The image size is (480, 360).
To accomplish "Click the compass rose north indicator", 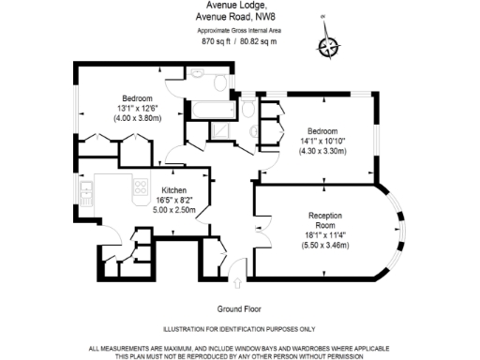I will [328, 47].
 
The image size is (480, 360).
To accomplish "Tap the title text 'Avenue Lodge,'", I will [239, 5].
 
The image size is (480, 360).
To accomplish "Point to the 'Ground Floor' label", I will [239, 308].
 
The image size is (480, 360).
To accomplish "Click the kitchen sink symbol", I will [86, 194].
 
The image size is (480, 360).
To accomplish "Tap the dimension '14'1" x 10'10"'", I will [322, 141].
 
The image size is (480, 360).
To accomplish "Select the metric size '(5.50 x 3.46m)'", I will [323, 245].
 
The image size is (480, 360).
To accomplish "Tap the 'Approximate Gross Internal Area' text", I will [239, 29].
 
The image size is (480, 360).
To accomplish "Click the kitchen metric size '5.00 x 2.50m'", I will [173, 210].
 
